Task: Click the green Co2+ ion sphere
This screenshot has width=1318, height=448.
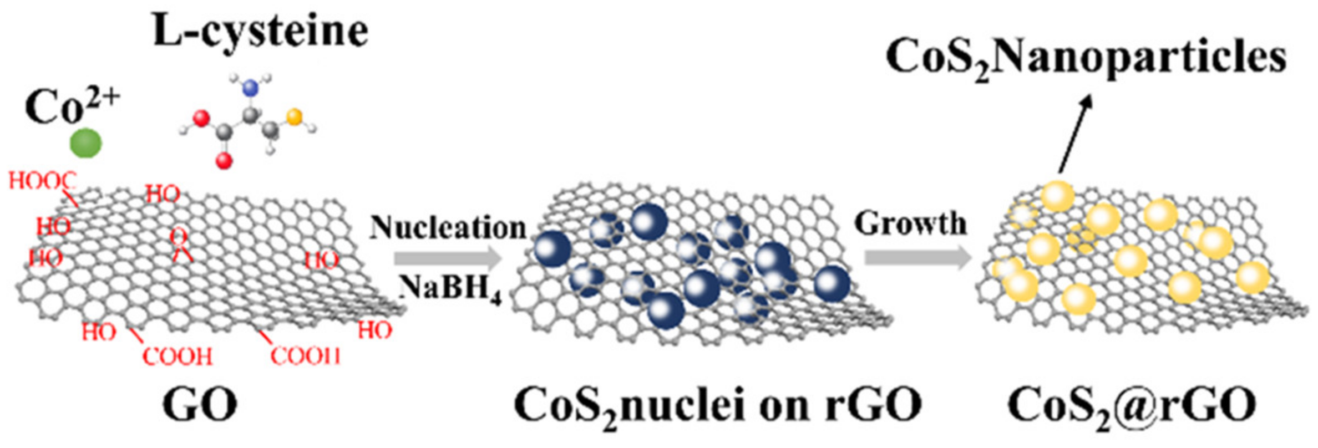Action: (86, 144)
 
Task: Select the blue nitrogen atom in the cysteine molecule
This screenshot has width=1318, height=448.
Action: (251, 88)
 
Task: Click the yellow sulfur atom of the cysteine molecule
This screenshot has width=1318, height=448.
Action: (295, 117)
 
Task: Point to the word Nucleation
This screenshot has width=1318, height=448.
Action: (448, 227)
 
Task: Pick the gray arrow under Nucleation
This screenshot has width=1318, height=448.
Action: (447, 258)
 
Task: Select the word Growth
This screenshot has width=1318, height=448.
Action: (910, 223)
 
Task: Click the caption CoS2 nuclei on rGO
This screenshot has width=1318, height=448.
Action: (718, 406)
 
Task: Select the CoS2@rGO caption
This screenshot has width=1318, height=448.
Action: (1132, 406)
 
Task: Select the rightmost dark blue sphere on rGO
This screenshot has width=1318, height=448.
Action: (832, 283)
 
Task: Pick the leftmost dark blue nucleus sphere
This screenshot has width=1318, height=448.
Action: (552, 249)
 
